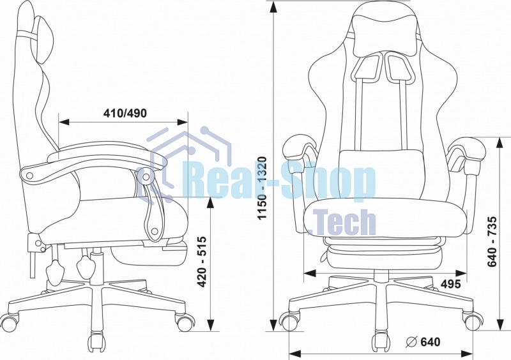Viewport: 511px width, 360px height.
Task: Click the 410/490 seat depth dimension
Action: (125, 113)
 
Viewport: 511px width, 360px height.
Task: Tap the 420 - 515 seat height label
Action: (202, 262)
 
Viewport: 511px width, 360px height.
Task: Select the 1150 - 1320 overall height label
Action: (262, 188)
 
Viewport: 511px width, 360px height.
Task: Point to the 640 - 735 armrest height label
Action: (492, 241)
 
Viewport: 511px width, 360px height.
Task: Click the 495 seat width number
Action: (451, 284)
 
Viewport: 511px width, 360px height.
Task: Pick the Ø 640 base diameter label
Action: (423, 341)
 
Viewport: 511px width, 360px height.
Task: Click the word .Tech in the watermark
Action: (342, 223)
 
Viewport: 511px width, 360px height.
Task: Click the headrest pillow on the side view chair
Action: (43, 40)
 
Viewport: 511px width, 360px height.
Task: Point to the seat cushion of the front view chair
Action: (386, 218)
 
